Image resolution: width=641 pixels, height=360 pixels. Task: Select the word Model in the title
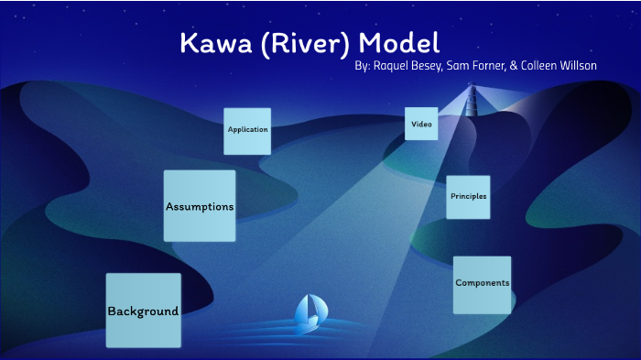click(399, 43)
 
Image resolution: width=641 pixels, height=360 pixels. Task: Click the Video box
click(421, 124)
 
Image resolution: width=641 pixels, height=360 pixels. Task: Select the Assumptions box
click(200, 205)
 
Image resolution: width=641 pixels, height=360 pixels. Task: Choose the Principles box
click(468, 197)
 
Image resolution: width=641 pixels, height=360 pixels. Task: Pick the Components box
click(482, 285)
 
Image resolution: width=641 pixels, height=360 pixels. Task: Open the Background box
click(143, 311)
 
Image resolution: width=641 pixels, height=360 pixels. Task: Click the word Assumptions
click(200, 207)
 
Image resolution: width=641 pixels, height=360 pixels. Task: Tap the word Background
click(143, 311)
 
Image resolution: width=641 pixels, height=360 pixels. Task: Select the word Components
click(482, 284)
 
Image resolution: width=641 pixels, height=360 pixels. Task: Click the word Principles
click(468, 197)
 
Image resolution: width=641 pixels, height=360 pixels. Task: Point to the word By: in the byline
click(362, 67)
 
